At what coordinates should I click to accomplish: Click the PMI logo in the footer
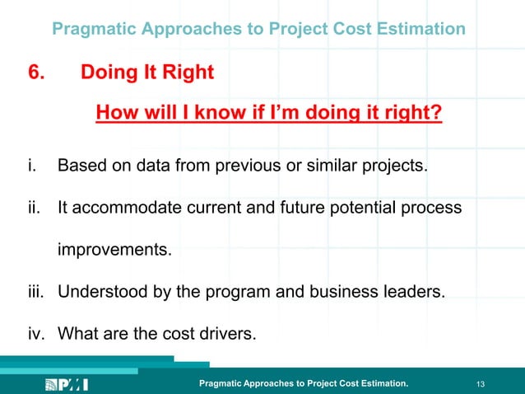[x=67, y=384]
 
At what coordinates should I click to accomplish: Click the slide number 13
[x=481, y=384]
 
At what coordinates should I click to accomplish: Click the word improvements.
[x=114, y=249]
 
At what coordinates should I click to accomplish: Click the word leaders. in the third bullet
[x=416, y=291]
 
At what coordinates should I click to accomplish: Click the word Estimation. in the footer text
[x=382, y=384]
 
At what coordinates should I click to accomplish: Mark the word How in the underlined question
[x=116, y=111]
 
